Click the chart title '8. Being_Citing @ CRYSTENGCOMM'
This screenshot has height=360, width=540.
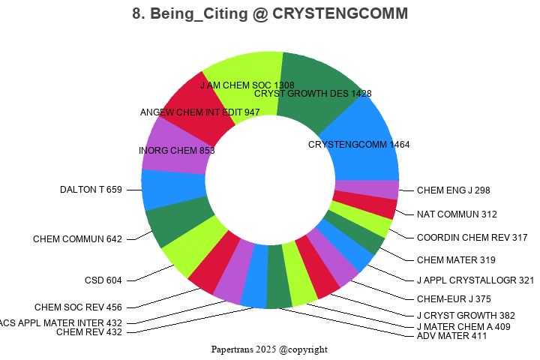click(x=270, y=14)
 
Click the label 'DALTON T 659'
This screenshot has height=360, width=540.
click(x=91, y=190)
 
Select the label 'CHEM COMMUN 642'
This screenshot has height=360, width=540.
click(x=77, y=239)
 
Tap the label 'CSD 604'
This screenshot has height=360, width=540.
click(x=103, y=280)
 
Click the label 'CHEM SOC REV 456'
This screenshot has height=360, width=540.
click(x=78, y=307)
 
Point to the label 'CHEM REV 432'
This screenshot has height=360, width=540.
click(x=88, y=332)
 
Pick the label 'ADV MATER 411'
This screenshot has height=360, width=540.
click(x=451, y=335)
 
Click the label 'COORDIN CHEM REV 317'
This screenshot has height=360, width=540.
click(x=472, y=238)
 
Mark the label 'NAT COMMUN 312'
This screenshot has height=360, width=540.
click(x=457, y=214)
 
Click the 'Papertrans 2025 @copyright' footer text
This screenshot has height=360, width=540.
click(x=269, y=349)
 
